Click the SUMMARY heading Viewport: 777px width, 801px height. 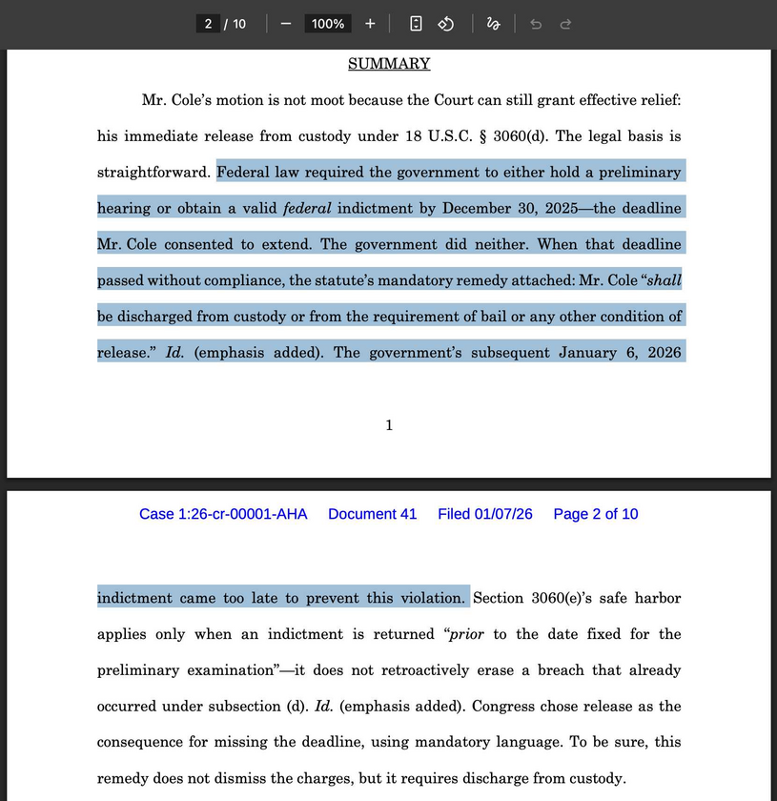point(389,64)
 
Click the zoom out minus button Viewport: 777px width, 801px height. point(285,24)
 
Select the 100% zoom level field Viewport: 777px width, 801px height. point(328,24)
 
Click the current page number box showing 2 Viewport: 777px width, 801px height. point(208,24)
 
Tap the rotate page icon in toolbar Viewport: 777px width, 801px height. point(445,24)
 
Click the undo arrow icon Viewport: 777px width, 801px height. point(536,24)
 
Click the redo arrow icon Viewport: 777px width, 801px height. point(565,24)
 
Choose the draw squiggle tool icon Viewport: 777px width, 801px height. point(493,24)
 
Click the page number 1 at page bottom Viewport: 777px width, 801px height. point(389,425)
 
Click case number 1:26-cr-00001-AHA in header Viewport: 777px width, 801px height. point(223,514)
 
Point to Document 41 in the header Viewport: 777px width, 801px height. point(372,514)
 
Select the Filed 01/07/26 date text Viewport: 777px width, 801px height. point(484,514)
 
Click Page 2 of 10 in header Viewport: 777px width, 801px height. point(596,514)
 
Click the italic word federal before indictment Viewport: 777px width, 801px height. point(306,208)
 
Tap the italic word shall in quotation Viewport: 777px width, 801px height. point(665,280)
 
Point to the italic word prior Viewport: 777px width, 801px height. point(467,634)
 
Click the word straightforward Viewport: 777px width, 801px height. point(153,173)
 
